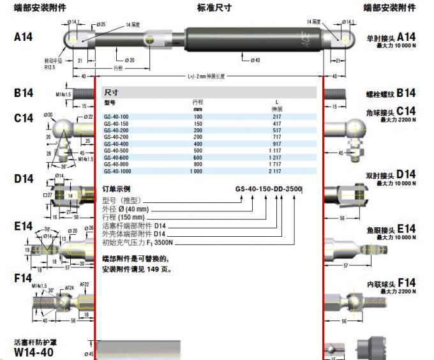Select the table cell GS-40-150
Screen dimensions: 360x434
116,123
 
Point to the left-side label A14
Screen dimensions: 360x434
24,38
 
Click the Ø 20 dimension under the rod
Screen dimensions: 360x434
130,60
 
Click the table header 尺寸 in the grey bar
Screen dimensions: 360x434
112,92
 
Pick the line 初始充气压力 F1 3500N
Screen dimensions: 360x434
138,243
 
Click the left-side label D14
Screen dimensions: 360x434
24,179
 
